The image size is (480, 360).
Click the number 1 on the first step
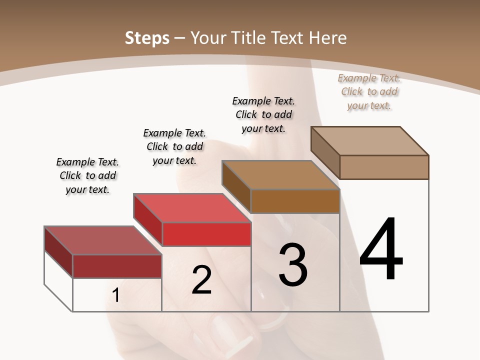click(116, 295)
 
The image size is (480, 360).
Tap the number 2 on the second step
click(201, 280)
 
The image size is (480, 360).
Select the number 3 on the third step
click(293, 264)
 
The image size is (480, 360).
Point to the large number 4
click(381, 249)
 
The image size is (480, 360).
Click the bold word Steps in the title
click(147, 38)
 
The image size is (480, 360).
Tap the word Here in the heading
click(328, 38)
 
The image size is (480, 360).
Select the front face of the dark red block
click(117, 266)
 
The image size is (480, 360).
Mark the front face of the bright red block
click(206, 234)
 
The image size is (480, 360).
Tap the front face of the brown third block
click(295, 201)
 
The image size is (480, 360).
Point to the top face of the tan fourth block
click(370, 141)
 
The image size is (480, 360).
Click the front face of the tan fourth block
click(384, 167)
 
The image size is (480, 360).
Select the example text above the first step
click(87, 175)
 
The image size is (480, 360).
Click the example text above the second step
click(174, 146)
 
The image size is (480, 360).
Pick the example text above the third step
click(263, 114)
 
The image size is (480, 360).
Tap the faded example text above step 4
click(369, 91)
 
